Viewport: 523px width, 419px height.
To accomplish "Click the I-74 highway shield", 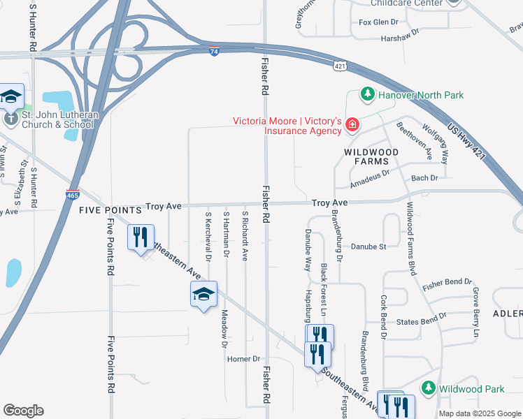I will (x=214, y=51).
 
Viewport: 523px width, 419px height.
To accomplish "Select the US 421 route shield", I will (x=339, y=66).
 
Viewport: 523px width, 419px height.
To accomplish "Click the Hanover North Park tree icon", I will (x=366, y=94).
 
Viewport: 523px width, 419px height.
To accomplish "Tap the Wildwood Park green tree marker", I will (x=428, y=388).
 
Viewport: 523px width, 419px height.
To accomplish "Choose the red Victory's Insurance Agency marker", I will (x=352, y=126).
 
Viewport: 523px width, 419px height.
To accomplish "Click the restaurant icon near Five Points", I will (x=141, y=237).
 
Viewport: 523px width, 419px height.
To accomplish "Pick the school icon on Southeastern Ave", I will (x=203, y=294).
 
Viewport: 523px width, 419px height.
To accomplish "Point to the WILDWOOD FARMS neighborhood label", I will (x=371, y=156).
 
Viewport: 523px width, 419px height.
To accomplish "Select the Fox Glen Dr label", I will (x=378, y=22).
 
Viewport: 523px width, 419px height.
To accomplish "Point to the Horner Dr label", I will (x=243, y=359).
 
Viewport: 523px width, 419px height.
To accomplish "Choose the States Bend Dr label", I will (x=421, y=319).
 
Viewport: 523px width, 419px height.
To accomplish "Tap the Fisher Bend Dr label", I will (x=447, y=283).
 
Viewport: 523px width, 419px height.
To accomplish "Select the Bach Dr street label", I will (x=424, y=178).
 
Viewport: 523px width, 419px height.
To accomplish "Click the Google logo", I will (x=23, y=411).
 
